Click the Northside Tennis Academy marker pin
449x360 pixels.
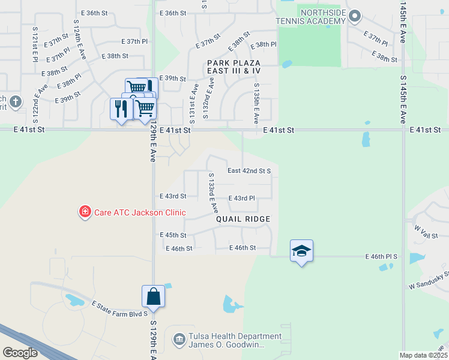click(355, 16)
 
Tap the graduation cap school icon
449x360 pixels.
click(301, 251)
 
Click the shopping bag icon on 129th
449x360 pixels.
click(153, 296)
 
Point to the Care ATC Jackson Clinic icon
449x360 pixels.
click(85, 212)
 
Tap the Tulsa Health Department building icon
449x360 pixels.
click(179, 340)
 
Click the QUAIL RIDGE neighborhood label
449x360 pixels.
click(243, 219)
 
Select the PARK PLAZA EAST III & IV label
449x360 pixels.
click(234, 67)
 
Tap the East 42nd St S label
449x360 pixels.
click(249, 170)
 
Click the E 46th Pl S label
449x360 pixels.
click(381, 256)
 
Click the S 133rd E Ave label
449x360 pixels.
click(212, 193)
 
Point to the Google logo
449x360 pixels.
click(20, 353)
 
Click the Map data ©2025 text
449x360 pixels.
click(423, 355)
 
